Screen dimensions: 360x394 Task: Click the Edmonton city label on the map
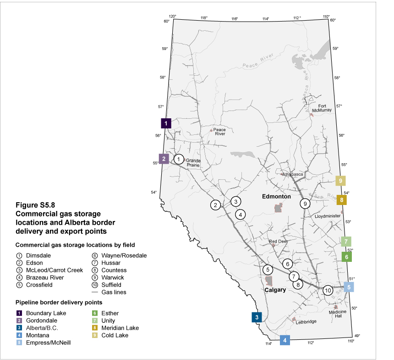click(276, 196)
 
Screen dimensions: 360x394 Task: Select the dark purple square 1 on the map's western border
click(166, 123)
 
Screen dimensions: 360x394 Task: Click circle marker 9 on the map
click(305, 203)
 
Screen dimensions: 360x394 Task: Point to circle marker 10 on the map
click(328, 290)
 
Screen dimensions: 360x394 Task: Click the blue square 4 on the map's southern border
click(285, 340)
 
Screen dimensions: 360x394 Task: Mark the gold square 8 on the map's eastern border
click(341, 200)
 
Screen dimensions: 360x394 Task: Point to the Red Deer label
click(278, 241)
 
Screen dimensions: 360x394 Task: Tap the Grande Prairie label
click(194, 163)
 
